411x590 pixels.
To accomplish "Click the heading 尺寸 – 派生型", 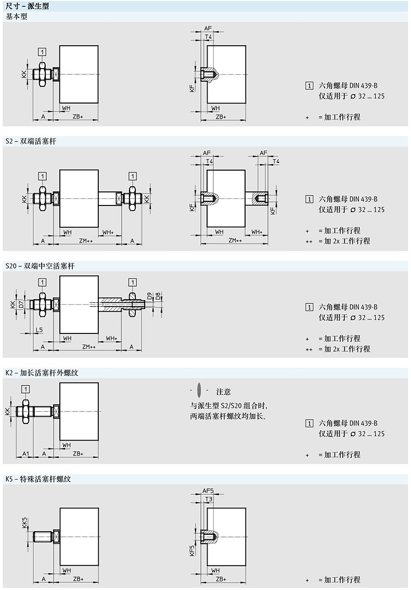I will (24, 5).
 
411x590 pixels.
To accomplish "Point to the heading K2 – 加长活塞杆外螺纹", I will (42, 373).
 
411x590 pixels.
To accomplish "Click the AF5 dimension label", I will (208, 491).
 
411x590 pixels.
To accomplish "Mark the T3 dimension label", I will (209, 499).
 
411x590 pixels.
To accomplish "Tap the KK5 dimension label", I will (24, 522).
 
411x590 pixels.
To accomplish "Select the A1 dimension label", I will (25, 454).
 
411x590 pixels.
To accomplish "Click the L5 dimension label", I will (40, 330).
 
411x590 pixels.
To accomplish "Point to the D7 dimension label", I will (21, 304).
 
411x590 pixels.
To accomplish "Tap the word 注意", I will (224, 391).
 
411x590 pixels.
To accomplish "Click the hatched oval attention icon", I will (199, 391).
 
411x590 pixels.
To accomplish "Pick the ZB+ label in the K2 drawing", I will (78, 454).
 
